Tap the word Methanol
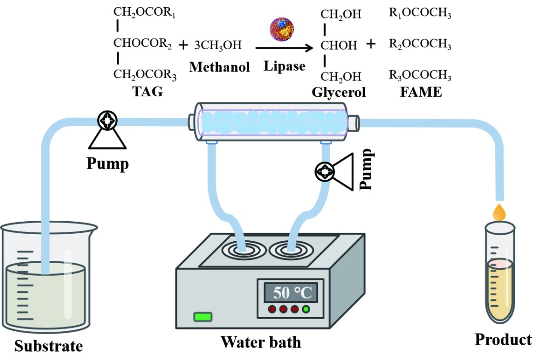click(219, 67)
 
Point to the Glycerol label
click(339, 92)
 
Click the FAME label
click(421, 92)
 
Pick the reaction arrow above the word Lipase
click(284, 48)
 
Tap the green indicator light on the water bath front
click(203, 317)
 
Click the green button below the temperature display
click(305, 309)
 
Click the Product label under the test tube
click(503, 339)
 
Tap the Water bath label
click(261, 342)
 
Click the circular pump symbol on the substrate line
click(108, 121)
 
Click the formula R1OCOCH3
click(420, 14)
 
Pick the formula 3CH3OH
click(218, 46)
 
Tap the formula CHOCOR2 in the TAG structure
click(142, 44)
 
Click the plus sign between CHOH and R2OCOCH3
click(371, 45)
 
